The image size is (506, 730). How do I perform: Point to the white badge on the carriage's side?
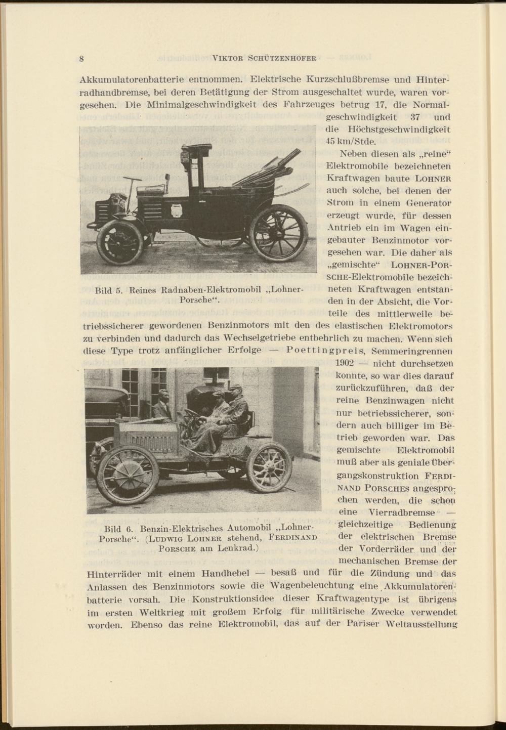coord(176,210)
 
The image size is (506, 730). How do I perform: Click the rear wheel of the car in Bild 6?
coord(269,466)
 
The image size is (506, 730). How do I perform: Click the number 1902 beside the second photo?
coord(349,363)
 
